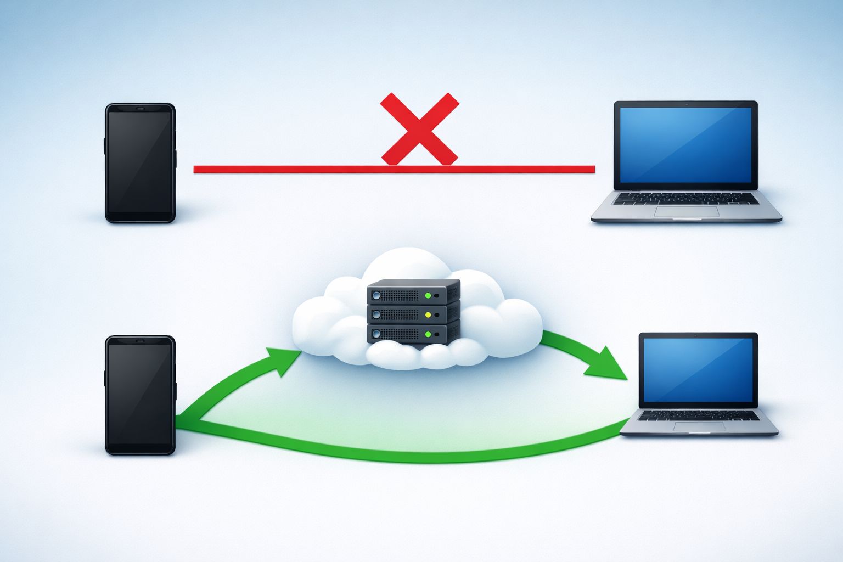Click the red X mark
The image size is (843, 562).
click(x=419, y=130)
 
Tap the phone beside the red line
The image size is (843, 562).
click(x=140, y=163)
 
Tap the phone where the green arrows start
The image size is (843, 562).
click(x=140, y=395)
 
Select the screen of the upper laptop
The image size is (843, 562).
click(x=685, y=144)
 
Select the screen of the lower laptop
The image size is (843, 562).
click(x=698, y=369)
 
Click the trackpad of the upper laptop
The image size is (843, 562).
click(x=687, y=211)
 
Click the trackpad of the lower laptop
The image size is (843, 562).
click(x=699, y=426)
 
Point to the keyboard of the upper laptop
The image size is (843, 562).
click(x=686, y=198)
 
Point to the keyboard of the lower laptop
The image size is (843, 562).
click(x=699, y=415)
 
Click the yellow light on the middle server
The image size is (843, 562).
click(x=428, y=315)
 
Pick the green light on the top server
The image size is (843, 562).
click(x=428, y=296)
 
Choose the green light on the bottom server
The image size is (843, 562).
click(x=428, y=334)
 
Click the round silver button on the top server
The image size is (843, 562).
click(x=376, y=295)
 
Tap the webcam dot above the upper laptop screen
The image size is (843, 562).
click(x=686, y=104)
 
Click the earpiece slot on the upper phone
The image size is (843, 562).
click(x=140, y=109)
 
